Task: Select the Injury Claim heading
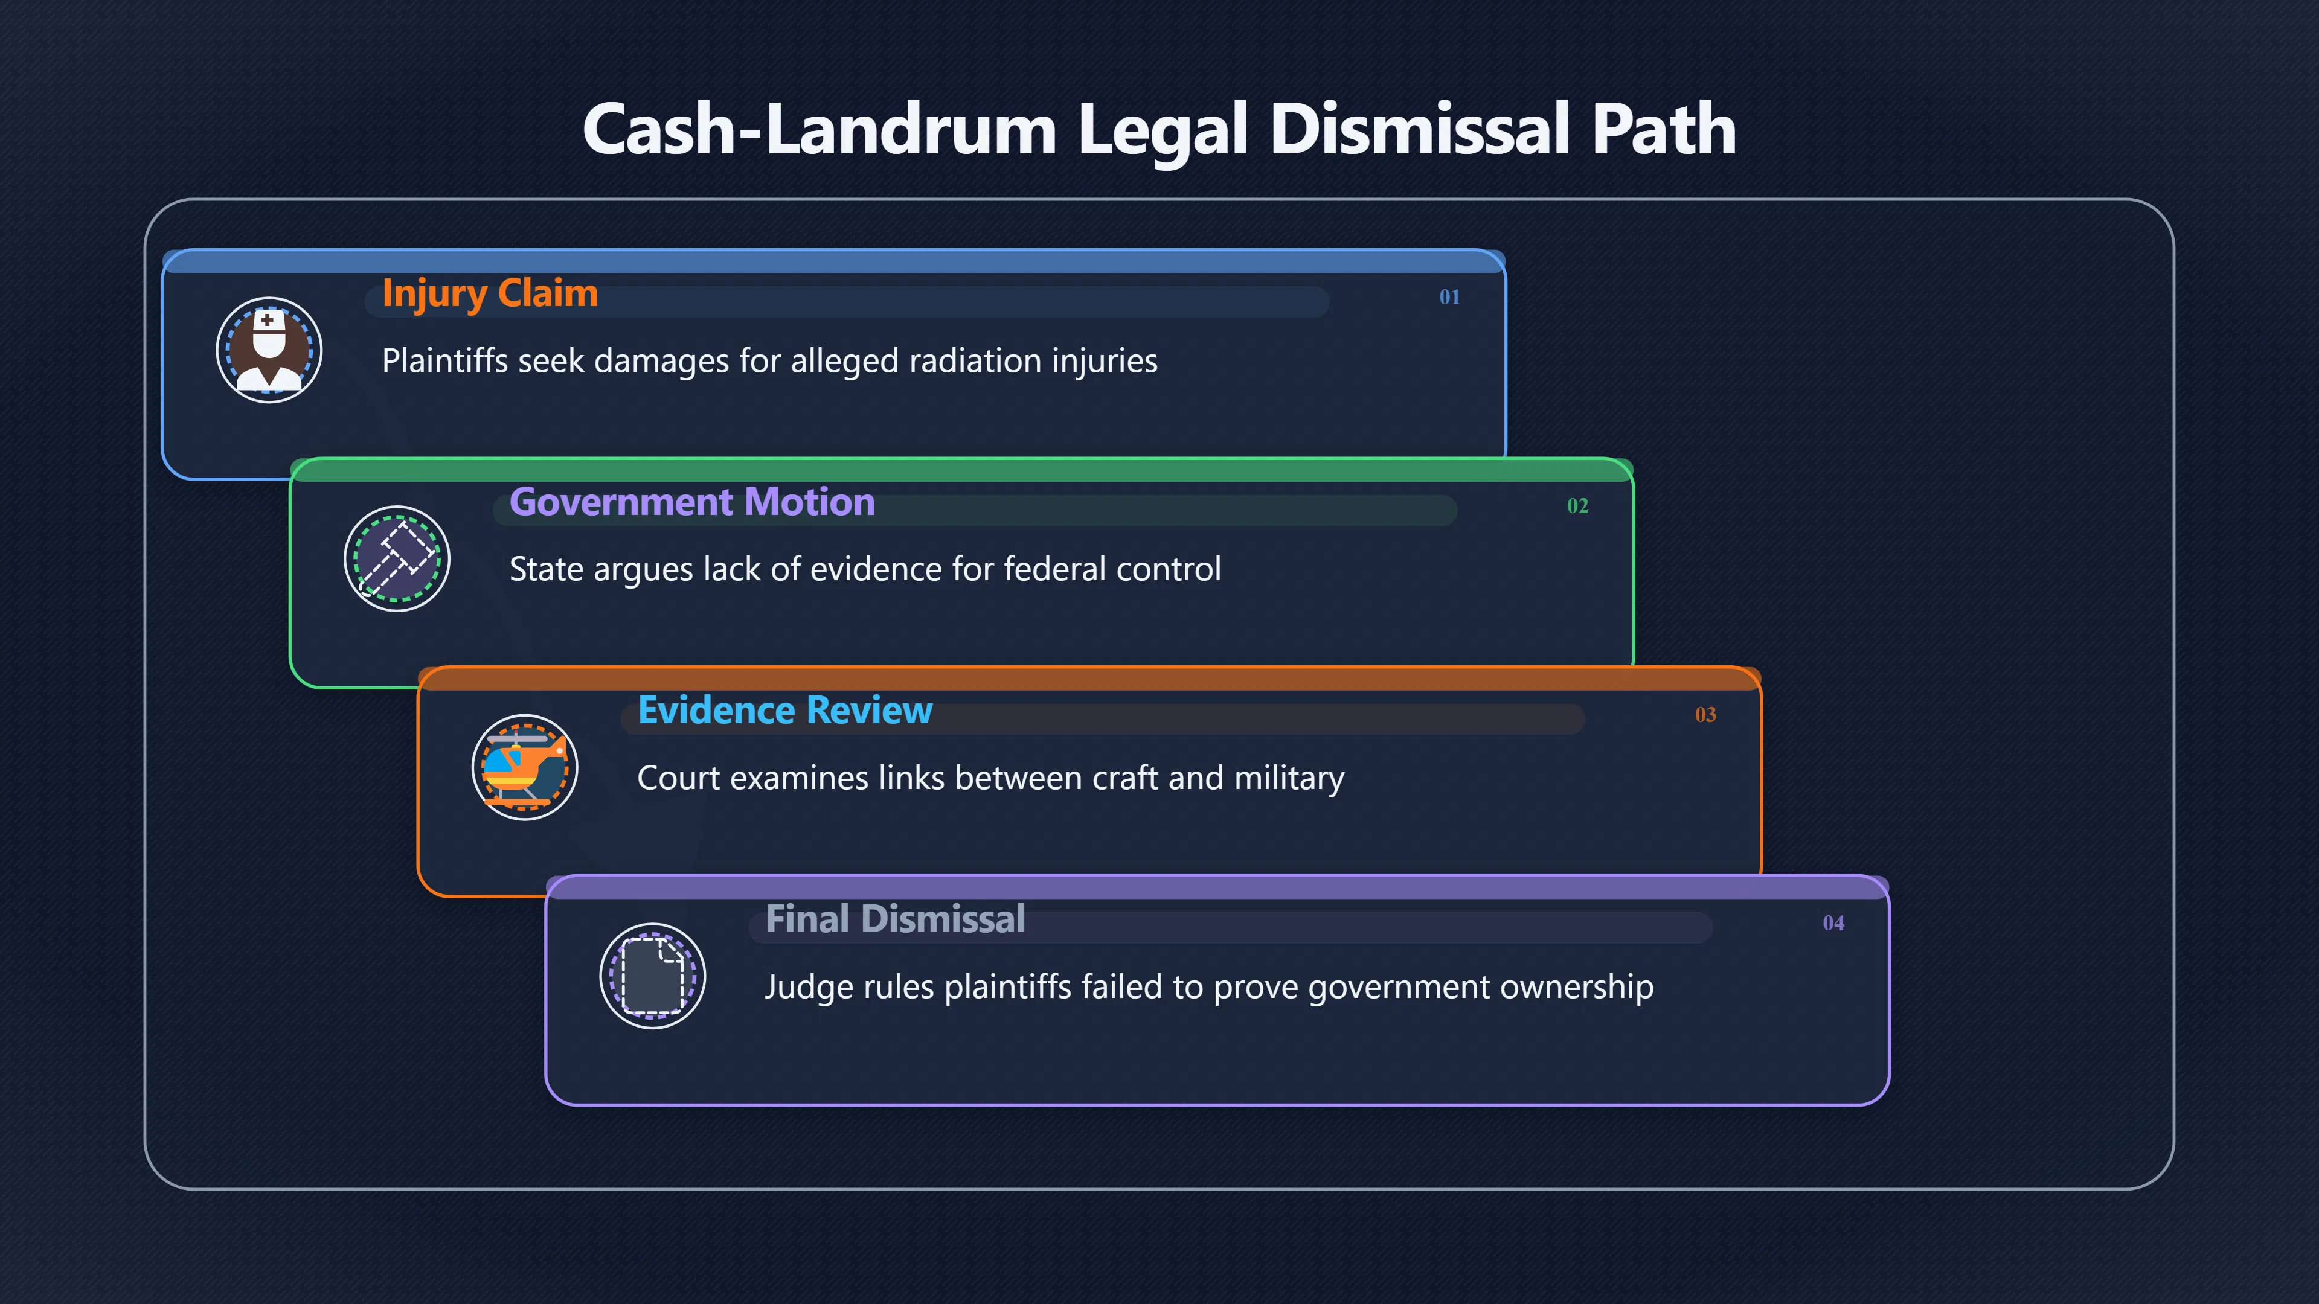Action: click(490, 294)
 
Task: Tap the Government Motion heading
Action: click(692, 502)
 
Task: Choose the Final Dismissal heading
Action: click(896, 919)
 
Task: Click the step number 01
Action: click(1449, 297)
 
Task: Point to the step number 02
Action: click(1577, 506)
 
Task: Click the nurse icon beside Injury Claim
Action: click(269, 350)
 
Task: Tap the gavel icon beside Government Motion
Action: click(397, 559)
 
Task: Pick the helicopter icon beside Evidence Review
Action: click(525, 768)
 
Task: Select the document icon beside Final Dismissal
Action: click(653, 976)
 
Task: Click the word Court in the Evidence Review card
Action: click(678, 778)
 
